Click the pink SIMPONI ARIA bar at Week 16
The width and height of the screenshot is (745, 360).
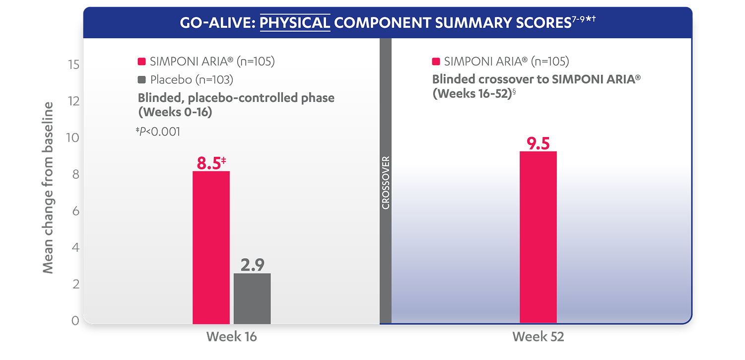tap(211, 247)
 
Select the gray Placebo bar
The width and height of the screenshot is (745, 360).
tap(252, 298)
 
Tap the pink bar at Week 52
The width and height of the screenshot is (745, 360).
tap(538, 237)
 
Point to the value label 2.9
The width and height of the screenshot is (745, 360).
tap(252, 266)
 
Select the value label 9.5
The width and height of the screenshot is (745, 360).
tap(538, 144)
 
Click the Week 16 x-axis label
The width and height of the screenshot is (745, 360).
tap(232, 337)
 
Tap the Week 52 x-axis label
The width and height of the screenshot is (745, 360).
tap(538, 337)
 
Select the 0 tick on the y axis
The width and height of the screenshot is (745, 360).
tap(75, 320)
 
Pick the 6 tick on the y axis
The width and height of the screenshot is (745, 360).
tap(75, 211)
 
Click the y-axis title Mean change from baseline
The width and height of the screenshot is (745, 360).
tap(48, 188)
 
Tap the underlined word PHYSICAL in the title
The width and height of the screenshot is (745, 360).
tap(295, 23)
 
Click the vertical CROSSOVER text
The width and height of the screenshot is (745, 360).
tap(386, 183)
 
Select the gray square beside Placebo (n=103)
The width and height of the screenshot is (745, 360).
tap(141, 79)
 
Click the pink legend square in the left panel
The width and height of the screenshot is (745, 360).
tap(141, 62)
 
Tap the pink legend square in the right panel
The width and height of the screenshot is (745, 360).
tap(436, 62)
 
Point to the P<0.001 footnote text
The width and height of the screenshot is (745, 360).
tap(159, 132)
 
